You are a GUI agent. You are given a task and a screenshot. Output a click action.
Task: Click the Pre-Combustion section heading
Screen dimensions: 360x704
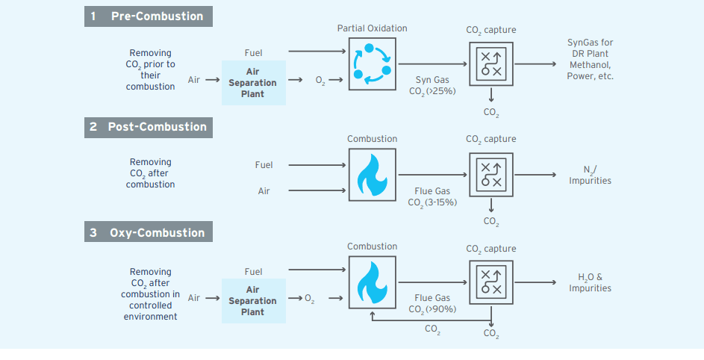[148, 16]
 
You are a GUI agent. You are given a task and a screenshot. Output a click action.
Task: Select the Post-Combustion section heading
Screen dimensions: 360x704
[148, 127]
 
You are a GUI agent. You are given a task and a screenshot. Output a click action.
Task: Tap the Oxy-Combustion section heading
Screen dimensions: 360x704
[148, 233]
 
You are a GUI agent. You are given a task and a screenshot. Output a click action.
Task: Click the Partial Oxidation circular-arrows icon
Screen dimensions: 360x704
[372, 63]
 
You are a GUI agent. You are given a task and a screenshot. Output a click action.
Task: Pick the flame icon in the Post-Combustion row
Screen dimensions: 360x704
[372, 174]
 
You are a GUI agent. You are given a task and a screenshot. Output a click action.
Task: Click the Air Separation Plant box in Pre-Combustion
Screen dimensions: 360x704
[253, 83]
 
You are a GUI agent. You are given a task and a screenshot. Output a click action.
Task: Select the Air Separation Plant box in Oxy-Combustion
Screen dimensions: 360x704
[253, 301]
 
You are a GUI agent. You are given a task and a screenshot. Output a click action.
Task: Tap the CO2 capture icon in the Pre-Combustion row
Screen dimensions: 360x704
[490, 63]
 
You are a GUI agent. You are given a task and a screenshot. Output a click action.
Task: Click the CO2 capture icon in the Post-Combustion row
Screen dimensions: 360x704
[490, 174]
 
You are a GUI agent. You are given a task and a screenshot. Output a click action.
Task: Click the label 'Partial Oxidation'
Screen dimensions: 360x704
[372, 28]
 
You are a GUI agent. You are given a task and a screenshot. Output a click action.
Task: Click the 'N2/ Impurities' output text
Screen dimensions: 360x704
[590, 175]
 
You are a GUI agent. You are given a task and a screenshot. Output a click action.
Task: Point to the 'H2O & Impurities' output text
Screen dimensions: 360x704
[590, 282]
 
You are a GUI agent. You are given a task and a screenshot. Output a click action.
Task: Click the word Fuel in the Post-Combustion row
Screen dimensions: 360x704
[264, 165]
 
